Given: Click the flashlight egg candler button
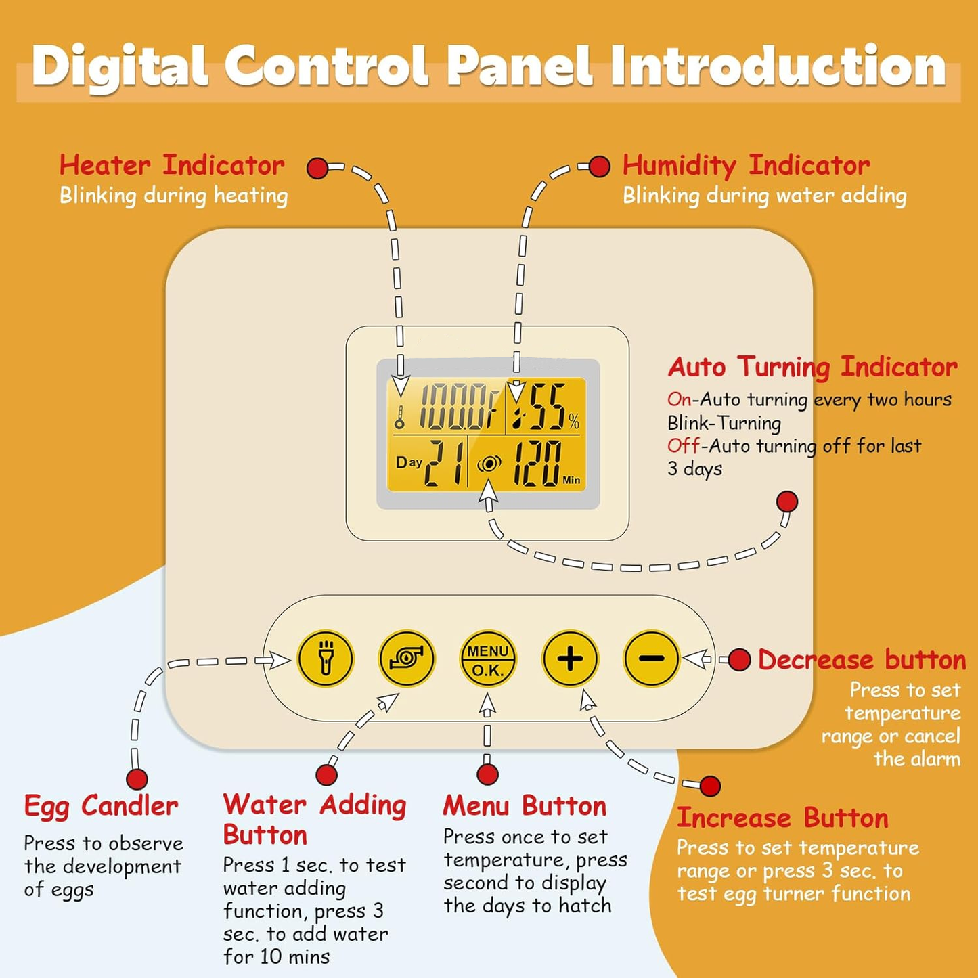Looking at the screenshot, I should [326, 659].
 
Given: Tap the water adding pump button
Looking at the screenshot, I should [407, 659].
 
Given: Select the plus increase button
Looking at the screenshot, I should [570, 659].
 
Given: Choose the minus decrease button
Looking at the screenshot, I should [651, 659].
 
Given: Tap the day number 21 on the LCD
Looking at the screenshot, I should [445, 463].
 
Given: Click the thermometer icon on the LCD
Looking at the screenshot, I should [400, 417].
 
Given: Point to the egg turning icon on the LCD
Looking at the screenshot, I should [489, 464].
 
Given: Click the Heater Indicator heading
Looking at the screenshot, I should [172, 165].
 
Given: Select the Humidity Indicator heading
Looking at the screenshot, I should [746, 165].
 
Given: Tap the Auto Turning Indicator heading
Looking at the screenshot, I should [812, 367].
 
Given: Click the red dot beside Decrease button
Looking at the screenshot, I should [739, 660].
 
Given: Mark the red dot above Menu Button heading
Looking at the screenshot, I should [487, 774].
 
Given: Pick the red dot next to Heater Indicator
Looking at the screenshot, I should [317, 168].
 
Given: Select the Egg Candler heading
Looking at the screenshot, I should [102, 806].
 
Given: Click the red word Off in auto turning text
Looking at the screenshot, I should [679, 446].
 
